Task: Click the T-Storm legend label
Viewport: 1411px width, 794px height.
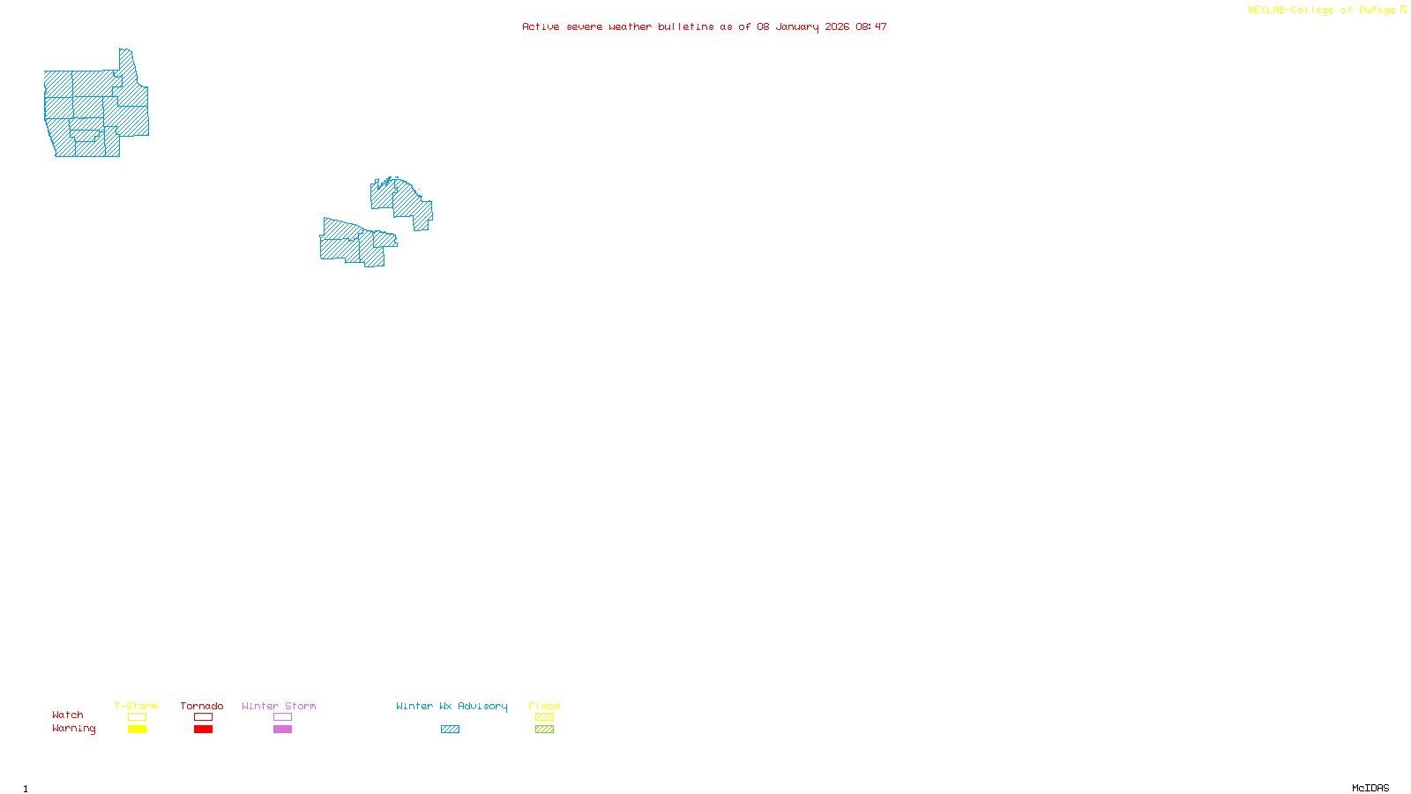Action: [x=136, y=706]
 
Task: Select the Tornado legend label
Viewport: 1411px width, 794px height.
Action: [x=202, y=706]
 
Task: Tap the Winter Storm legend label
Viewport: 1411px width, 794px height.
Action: [x=279, y=706]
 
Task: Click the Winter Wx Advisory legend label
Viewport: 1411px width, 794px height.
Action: [x=452, y=706]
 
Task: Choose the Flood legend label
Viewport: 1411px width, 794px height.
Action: [x=544, y=706]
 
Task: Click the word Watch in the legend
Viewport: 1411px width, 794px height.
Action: [x=68, y=715]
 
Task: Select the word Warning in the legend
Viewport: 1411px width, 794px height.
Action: [x=73, y=729]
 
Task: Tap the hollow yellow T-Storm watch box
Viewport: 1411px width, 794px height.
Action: [x=137, y=717]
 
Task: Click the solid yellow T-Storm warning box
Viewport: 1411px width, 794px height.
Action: [x=137, y=730]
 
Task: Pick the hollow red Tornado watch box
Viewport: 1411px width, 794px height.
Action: [x=203, y=717]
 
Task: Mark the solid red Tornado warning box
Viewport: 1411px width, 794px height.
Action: [x=203, y=730]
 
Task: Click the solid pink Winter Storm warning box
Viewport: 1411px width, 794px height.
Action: [x=282, y=730]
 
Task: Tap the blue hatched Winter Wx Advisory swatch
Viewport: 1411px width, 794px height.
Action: [x=450, y=730]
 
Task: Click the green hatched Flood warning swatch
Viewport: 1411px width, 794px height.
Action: [x=544, y=730]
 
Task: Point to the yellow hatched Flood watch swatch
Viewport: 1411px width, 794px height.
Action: [x=544, y=717]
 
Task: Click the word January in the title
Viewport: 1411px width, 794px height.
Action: [x=797, y=26]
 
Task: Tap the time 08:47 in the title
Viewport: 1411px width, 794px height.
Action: [x=871, y=26]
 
